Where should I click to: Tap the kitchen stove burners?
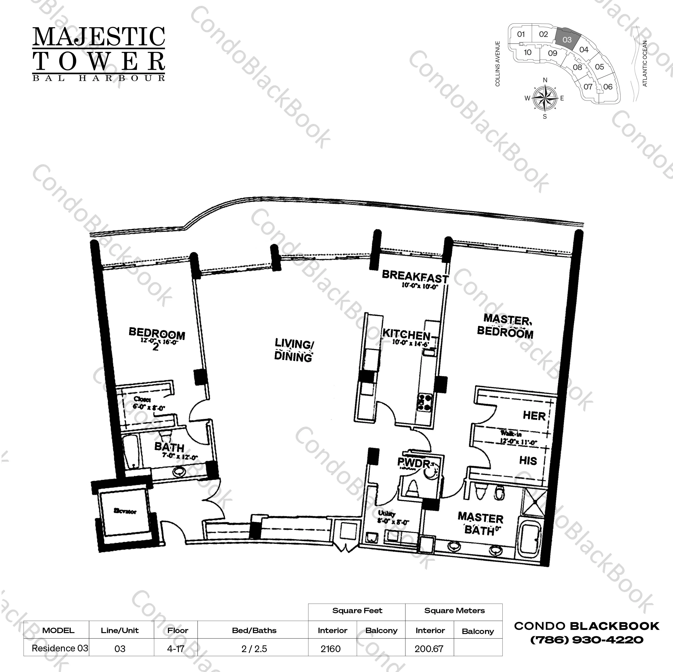425,402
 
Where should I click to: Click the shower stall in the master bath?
535,501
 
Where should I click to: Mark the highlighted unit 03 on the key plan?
567,40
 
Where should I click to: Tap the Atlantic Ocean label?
645,64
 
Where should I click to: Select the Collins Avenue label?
498,64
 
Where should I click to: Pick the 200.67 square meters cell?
429,649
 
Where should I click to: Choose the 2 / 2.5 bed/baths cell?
254,649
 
